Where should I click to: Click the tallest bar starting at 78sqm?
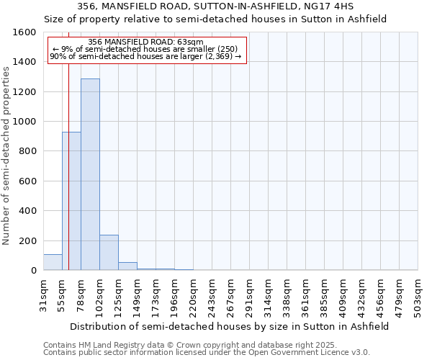tap(90, 174)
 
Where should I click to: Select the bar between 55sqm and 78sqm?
tap(71, 201)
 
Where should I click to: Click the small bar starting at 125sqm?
tap(127, 266)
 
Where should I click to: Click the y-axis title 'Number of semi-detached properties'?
tap(6, 153)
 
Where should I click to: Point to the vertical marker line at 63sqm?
tap(68, 180)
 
